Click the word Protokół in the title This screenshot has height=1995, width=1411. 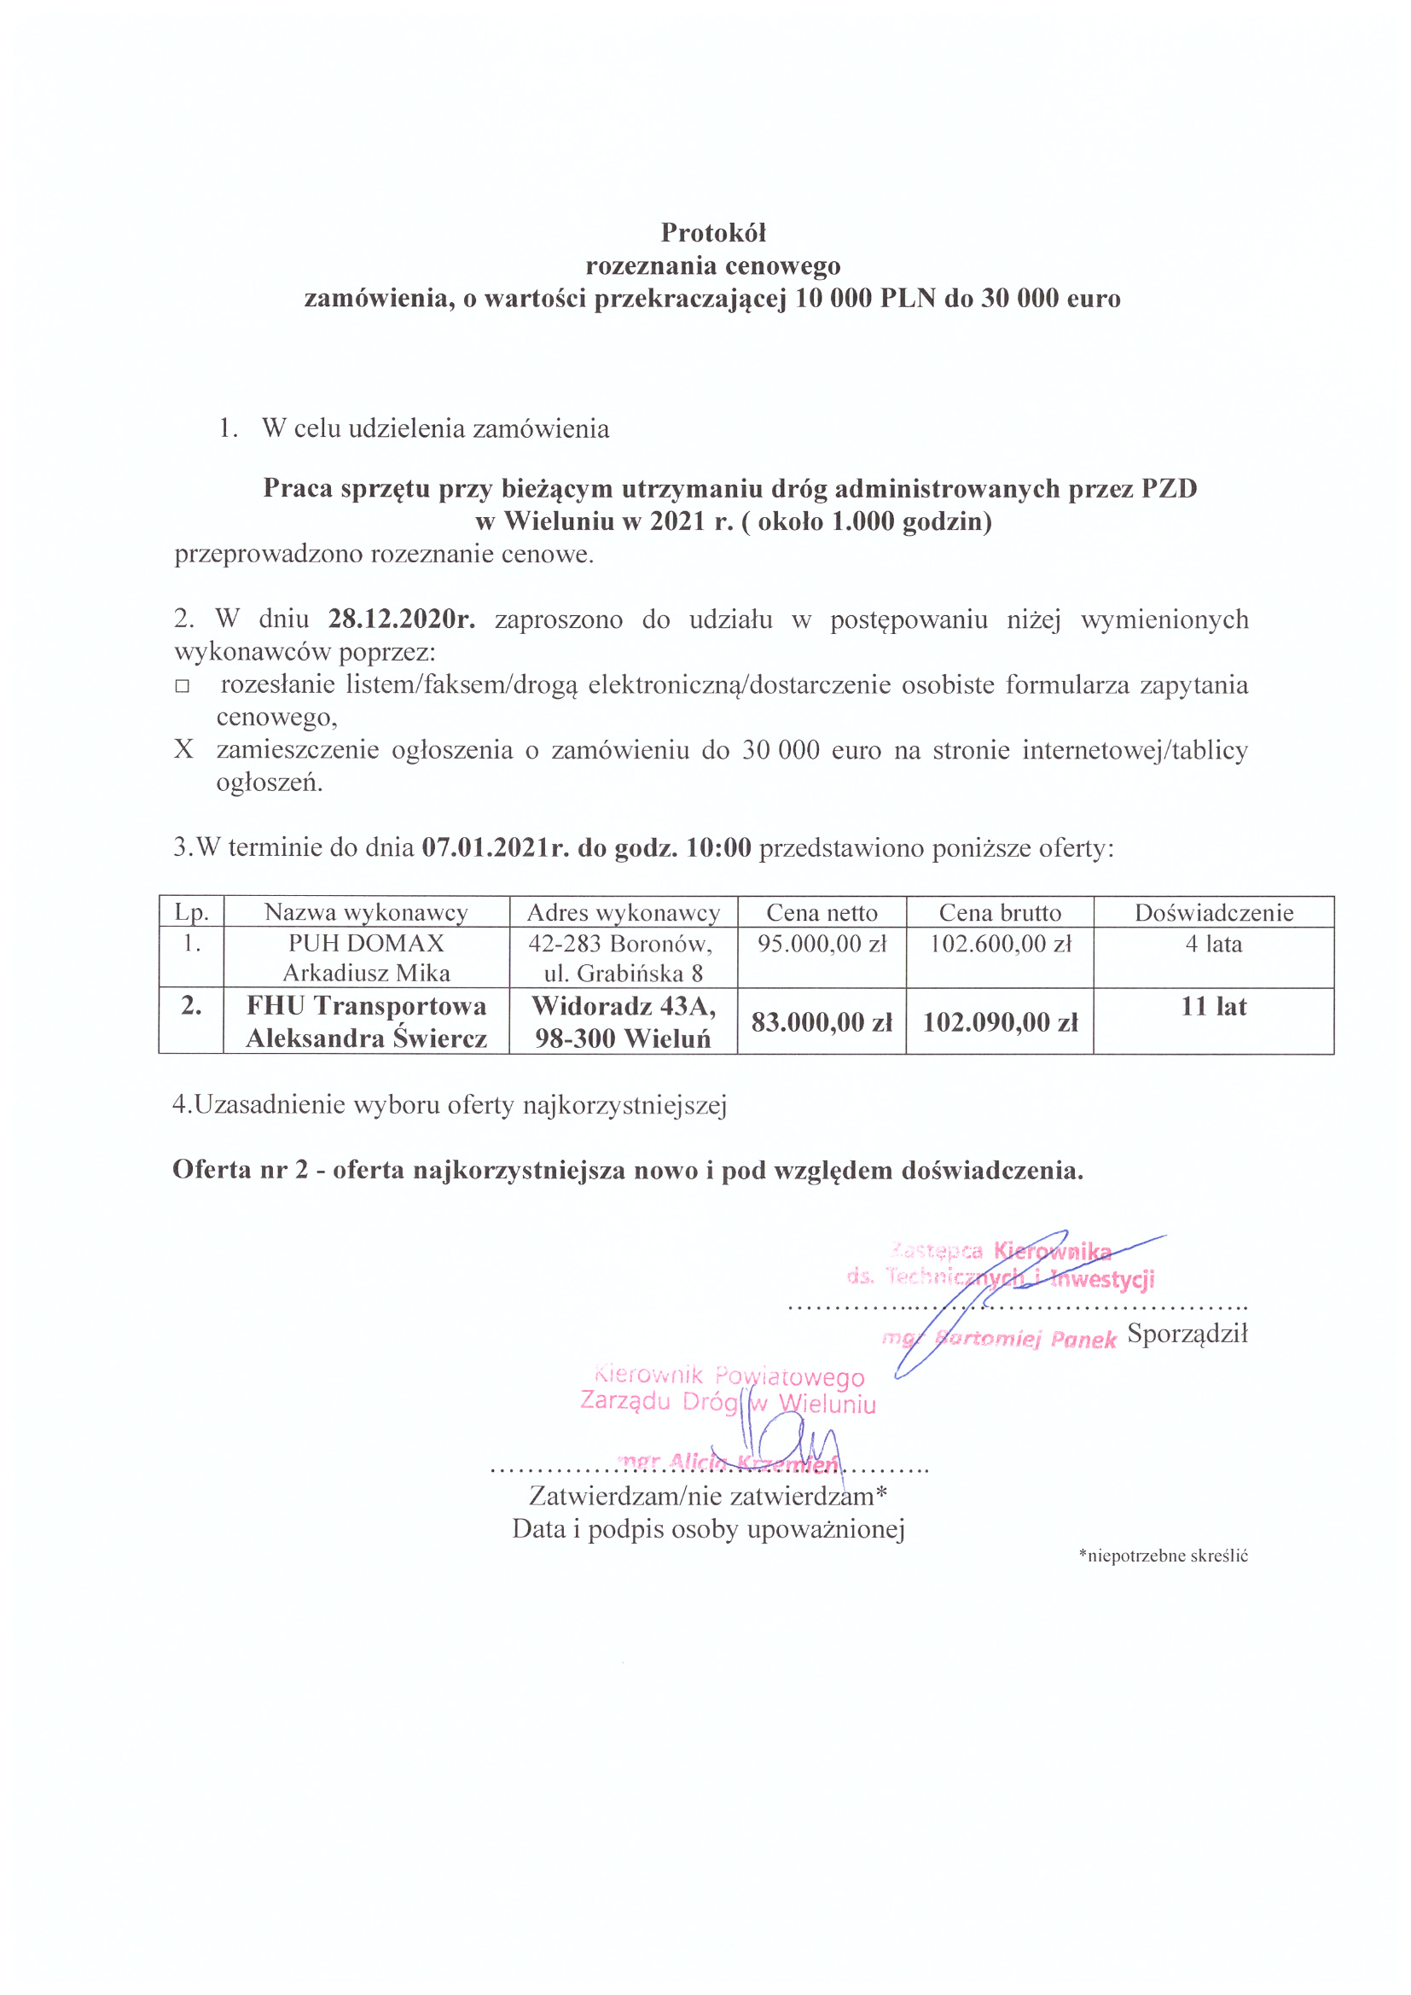coord(712,232)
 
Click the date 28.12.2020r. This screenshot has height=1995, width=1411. coord(402,619)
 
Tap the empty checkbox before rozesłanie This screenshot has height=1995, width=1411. coord(182,685)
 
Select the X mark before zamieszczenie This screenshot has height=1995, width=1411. coord(183,749)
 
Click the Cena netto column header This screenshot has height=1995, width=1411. coord(821,912)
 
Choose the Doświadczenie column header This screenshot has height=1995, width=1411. coord(1213,912)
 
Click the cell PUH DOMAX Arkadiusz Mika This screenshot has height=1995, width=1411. coord(366,957)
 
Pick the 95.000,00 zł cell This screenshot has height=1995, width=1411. coord(821,944)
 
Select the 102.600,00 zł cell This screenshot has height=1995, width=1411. coord(1000,944)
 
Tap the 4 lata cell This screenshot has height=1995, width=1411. coord(1213,944)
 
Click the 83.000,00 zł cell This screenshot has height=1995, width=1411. coord(821,1022)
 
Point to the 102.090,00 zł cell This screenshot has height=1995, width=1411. coord(1000,1022)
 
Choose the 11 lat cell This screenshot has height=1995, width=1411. coord(1213,1006)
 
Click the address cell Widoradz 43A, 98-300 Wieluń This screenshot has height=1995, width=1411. coord(623,1022)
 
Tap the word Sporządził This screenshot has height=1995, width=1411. coord(1187,1334)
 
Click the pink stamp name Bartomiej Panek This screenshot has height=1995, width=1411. coord(1025,1339)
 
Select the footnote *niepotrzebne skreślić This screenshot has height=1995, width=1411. coord(1163,1556)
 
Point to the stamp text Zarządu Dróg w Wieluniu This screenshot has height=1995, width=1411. coord(728,1404)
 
